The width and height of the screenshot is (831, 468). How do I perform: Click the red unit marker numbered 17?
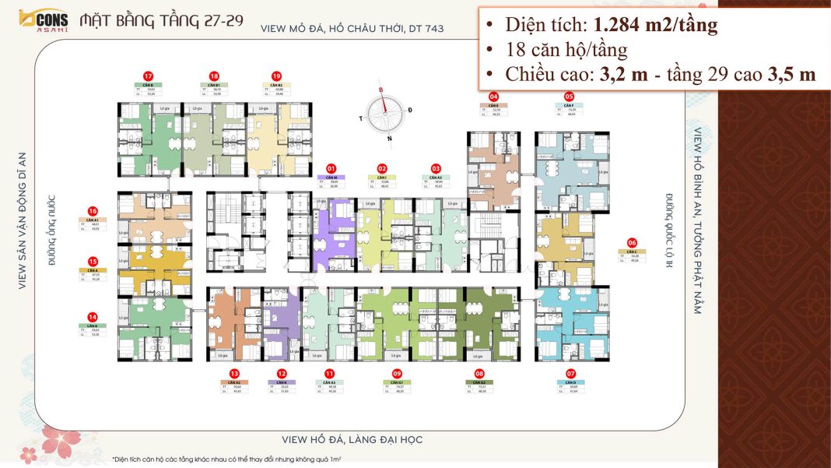pos(148,76)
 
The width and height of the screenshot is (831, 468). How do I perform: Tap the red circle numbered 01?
pos(331,167)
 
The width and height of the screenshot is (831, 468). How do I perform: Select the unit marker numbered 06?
pos(632,242)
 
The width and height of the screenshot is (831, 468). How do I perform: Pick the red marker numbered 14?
pos(93,317)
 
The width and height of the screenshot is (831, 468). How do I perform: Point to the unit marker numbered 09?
pos(397,373)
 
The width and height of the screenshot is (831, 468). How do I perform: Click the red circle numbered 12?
pos(281,373)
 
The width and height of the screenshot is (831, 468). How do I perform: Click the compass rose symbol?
pos(386,114)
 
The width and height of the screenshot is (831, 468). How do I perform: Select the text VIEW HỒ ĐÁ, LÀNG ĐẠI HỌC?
pos(352,440)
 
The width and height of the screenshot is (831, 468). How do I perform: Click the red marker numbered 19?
pos(276,76)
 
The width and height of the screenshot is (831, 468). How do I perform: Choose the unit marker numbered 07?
pos(571,373)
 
